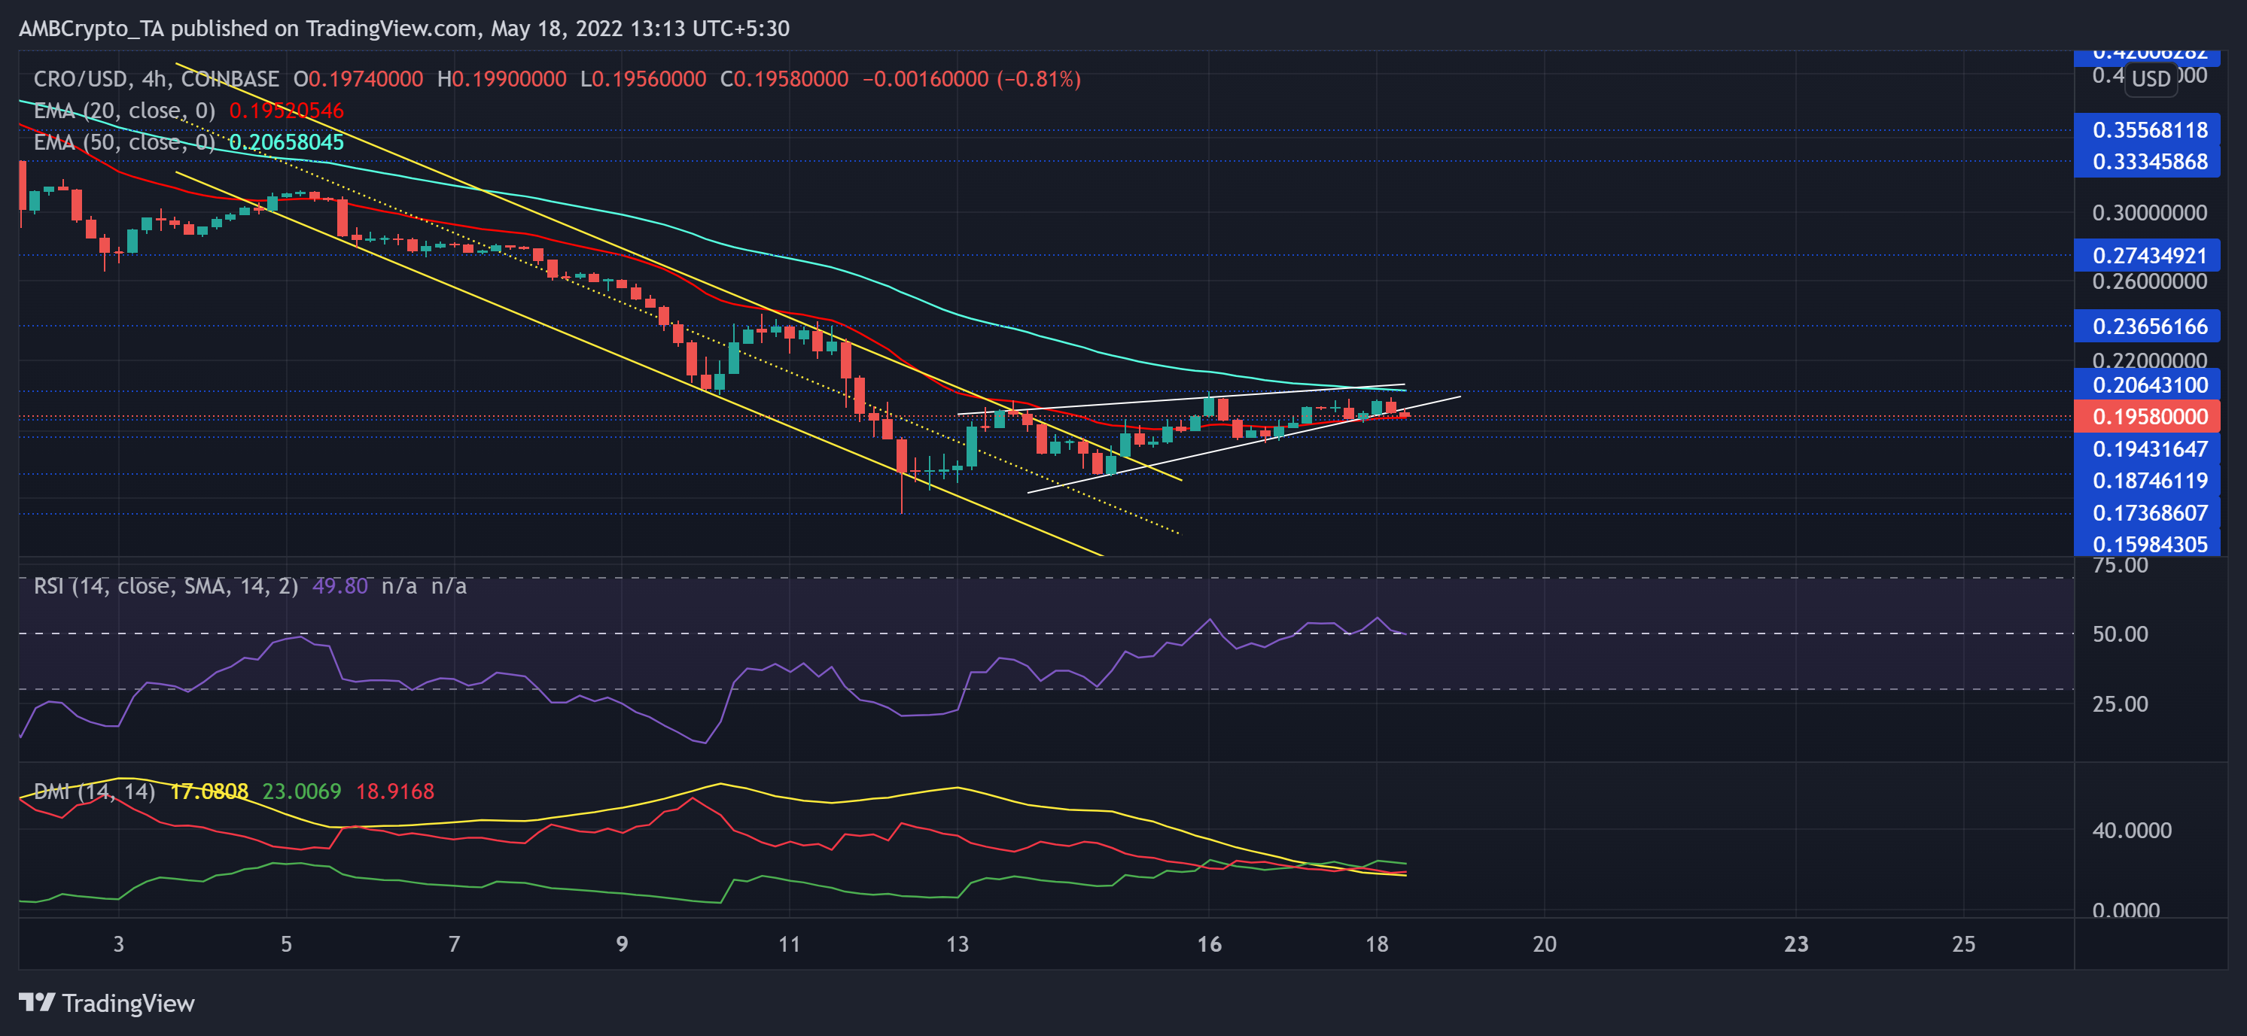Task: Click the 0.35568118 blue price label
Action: click(2149, 130)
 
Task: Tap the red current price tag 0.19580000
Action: click(2149, 417)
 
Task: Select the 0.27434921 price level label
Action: click(2149, 256)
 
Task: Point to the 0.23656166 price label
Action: click(2149, 327)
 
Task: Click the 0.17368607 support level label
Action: click(2149, 513)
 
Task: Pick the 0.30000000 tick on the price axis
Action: click(2149, 213)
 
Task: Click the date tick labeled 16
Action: click(1209, 944)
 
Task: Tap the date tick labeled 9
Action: click(622, 944)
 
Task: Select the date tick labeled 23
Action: click(1796, 944)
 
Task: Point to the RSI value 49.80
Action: click(340, 586)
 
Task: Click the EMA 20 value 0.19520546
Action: click(286, 111)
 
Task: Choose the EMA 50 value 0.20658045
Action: click(286, 142)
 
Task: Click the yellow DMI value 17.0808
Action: click(209, 791)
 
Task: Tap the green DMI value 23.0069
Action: click(302, 791)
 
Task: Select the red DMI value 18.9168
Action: click(395, 791)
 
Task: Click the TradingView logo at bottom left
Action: click(106, 1004)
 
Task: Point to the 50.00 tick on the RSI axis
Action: click(2120, 634)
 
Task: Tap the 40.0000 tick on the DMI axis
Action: click(2131, 830)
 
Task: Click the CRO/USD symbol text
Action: click(81, 79)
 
